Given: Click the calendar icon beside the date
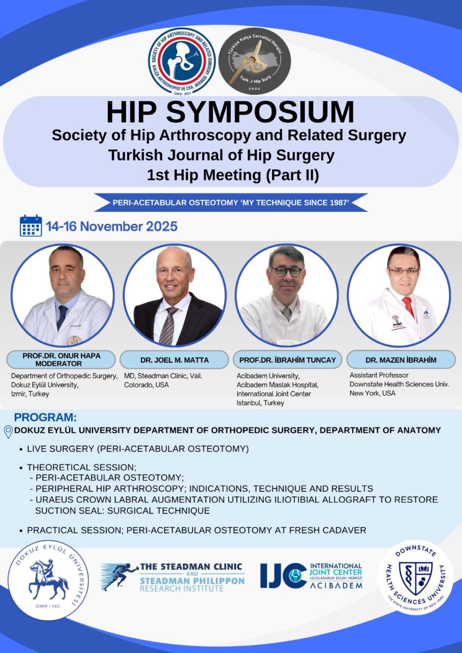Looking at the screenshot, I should pyautogui.click(x=30, y=225).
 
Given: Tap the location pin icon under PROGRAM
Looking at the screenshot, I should pyautogui.click(x=8, y=431).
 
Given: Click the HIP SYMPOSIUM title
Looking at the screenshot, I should pyautogui.click(x=230, y=112).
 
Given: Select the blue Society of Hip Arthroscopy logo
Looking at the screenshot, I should pyautogui.click(x=182, y=61).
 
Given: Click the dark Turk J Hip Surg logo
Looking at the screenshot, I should pyautogui.click(x=255, y=61).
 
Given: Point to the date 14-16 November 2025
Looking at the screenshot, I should pyautogui.click(x=112, y=226).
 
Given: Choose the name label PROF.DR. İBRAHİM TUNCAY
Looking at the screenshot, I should pyautogui.click(x=287, y=360).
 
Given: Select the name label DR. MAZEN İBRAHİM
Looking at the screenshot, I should pyautogui.click(x=401, y=360).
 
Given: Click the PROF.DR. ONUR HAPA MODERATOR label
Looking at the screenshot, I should pyautogui.click(x=61, y=360).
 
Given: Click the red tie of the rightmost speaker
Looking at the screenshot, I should pyautogui.click(x=408, y=306).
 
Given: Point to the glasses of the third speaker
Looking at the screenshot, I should pyautogui.click(x=287, y=271).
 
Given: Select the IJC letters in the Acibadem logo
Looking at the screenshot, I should pyautogui.click(x=282, y=576).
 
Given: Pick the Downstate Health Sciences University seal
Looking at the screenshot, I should pyautogui.click(x=415, y=578).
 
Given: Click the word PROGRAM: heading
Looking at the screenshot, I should pyautogui.click(x=45, y=418).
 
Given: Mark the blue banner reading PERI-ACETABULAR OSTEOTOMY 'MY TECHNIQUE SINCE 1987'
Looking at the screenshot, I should pyautogui.click(x=231, y=202).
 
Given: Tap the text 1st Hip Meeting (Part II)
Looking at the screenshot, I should pyautogui.click(x=232, y=175).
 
